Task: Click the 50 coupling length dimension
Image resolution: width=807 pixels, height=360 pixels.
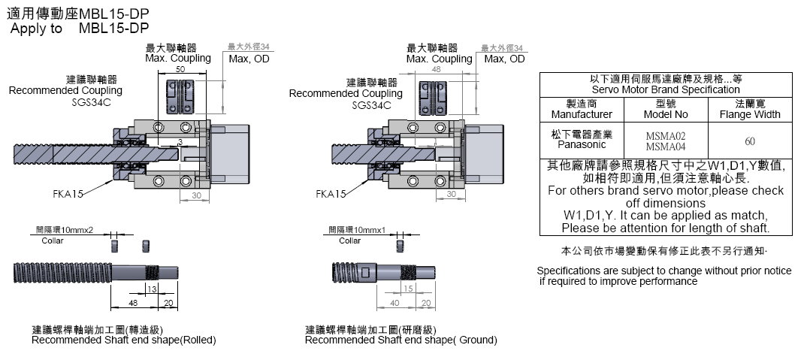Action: [x=180, y=69]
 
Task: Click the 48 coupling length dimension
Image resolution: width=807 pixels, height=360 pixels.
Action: [x=437, y=69]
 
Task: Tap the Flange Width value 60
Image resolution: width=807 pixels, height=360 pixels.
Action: [x=749, y=141]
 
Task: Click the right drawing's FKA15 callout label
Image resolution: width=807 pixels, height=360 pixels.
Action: [x=331, y=194]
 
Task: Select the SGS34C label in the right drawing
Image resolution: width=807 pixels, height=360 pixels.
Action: [x=372, y=104]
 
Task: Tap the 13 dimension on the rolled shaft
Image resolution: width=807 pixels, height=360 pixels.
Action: [x=151, y=289]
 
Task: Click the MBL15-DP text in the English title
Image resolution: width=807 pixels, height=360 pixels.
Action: [x=113, y=28]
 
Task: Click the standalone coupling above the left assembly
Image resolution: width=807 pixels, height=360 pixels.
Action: [x=180, y=98]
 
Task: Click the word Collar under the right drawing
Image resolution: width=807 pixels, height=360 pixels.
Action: [x=349, y=241]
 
